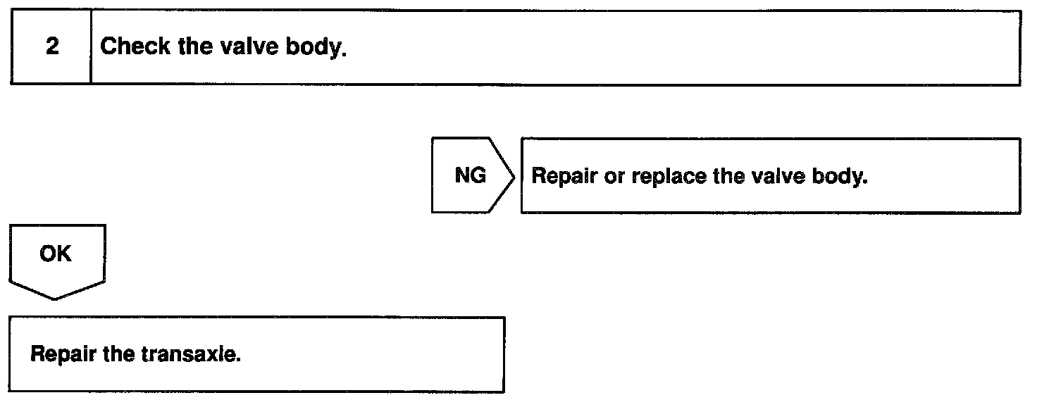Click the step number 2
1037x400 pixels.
click(52, 48)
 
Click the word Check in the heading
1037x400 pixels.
click(135, 47)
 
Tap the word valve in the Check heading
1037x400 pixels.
click(241, 47)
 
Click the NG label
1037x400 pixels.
click(470, 175)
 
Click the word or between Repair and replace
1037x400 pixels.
click(614, 177)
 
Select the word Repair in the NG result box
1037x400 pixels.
click(564, 176)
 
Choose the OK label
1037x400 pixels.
click(56, 253)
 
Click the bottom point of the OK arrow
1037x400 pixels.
click(56, 298)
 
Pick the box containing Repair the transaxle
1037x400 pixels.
click(257, 354)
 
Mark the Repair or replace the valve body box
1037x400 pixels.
click(770, 176)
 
